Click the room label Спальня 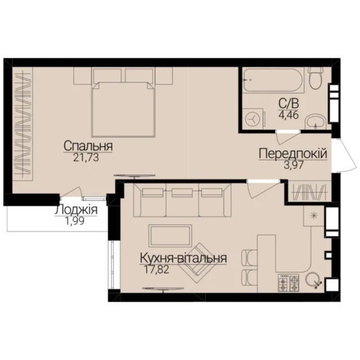tap(88, 146)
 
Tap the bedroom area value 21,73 tap(86, 157)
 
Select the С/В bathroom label tap(289, 103)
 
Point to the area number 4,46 tap(289, 115)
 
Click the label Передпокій tap(293, 154)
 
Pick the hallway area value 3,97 tap(294, 165)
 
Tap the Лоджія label tap(76, 210)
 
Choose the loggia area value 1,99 tap(75, 221)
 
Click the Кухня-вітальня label tap(183, 258)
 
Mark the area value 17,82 tap(156, 269)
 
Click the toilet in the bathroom tap(316, 78)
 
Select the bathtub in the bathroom tap(274, 80)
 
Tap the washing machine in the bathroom tap(254, 119)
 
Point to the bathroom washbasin tap(316, 121)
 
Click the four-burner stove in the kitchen tap(289, 283)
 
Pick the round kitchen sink tap(313, 280)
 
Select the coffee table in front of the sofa tap(170, 236)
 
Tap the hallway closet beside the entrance tap(309, 191)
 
